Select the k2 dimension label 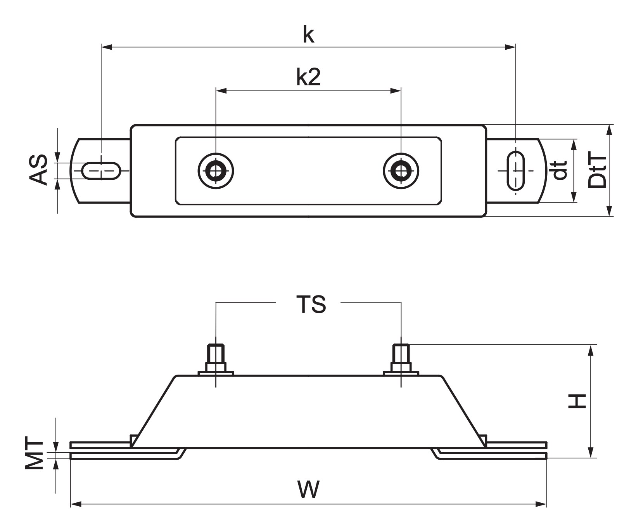308,77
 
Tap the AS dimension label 38,170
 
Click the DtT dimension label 597,170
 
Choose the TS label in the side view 311,304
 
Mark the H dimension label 577,401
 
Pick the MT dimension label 34,453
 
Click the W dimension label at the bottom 309,490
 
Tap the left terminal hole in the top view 216,171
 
